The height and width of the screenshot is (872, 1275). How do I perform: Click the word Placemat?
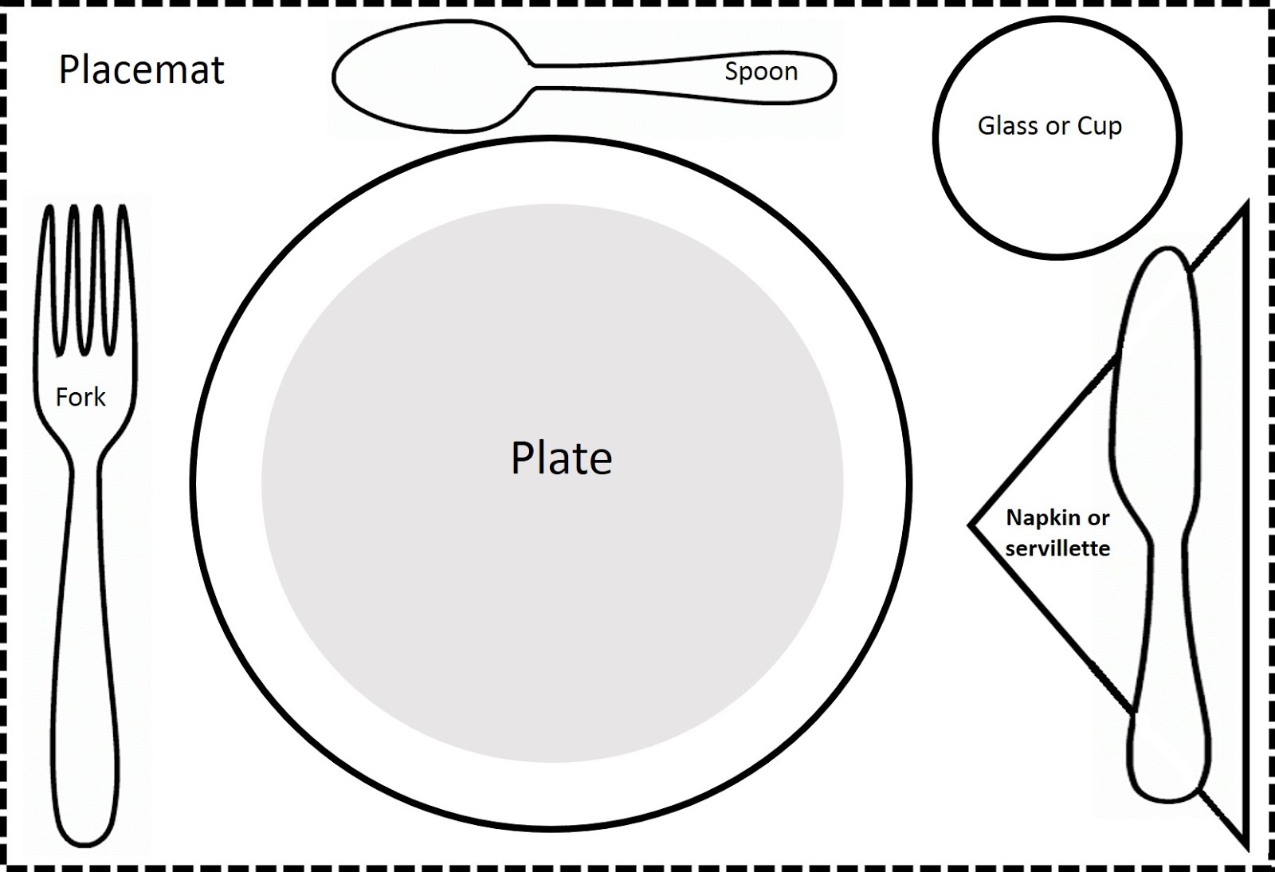tap(142, 70)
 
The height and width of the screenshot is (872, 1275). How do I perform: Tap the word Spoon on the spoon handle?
tap(761, 72)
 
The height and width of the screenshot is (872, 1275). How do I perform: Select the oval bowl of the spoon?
tap(430, 77)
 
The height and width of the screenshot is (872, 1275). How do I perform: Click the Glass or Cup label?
tap(1049, 126)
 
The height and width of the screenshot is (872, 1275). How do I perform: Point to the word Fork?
tap(80, 397)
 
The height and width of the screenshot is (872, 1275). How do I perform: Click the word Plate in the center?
tap(561, 458)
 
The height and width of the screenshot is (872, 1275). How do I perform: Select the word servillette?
tap(1057, 548)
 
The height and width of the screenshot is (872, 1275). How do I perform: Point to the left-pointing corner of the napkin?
tap(974, 525)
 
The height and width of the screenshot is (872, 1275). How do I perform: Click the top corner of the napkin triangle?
tap(1244, 209)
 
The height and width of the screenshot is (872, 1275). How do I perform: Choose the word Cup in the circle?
tap(1100, 127)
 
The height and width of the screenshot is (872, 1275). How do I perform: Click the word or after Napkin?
tap(1098, 518)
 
